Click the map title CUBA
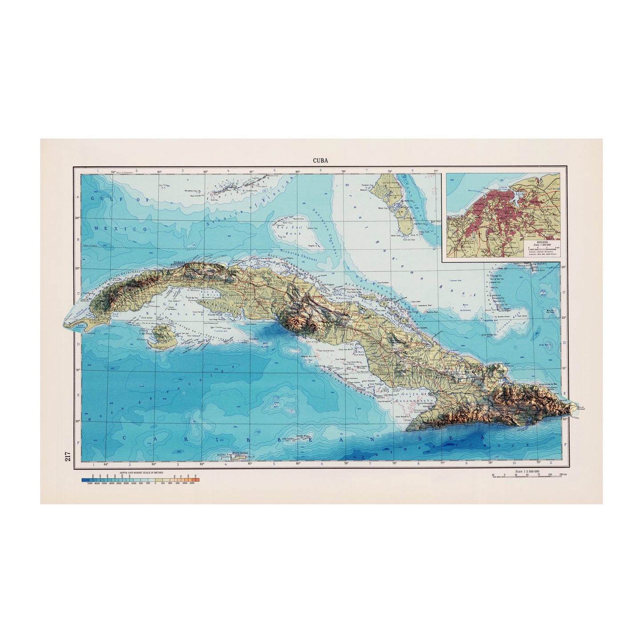click(x=321, y=161)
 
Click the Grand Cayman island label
click(x=239, y=452)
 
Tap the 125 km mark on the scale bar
click(x=563, y=475)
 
